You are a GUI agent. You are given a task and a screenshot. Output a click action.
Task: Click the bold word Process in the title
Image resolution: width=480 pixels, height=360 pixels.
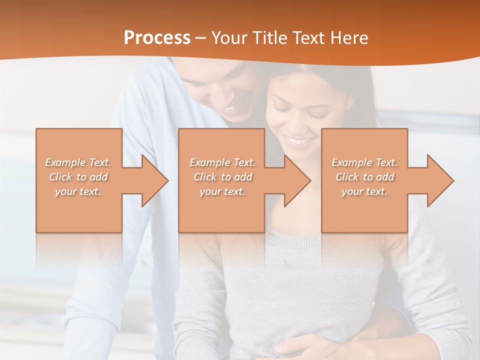click(x=157, y=38)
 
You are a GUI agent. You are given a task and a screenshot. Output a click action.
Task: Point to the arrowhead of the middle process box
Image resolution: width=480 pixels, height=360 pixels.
click(x=296, y=180)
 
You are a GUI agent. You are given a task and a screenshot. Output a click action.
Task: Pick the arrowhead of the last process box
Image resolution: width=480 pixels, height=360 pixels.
click(x=439, y=180)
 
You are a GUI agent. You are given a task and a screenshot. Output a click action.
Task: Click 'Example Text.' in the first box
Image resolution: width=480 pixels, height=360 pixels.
click(x=78, y=162)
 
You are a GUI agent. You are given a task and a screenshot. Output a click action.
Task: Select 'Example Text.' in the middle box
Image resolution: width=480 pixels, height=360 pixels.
click(x=222, y=162)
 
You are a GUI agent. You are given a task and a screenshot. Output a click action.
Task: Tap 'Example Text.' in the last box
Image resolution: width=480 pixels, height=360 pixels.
click(x=364, y=162)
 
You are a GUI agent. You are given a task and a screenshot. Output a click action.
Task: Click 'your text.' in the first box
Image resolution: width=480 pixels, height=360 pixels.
click(x=78, y=191)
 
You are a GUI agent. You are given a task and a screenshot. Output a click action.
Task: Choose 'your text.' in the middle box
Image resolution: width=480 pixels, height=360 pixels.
click(x=222, y=191)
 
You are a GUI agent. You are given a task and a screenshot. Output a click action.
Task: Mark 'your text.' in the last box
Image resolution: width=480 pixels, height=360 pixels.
click(x=364, y=191)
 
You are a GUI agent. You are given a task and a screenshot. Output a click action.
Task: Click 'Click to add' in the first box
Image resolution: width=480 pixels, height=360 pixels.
click(x=78, y=177)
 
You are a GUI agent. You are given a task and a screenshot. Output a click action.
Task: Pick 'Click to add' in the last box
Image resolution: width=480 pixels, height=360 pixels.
click(x=364, y=177)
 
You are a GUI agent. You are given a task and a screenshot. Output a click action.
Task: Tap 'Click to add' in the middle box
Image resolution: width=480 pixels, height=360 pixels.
click(x=222, y=177)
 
